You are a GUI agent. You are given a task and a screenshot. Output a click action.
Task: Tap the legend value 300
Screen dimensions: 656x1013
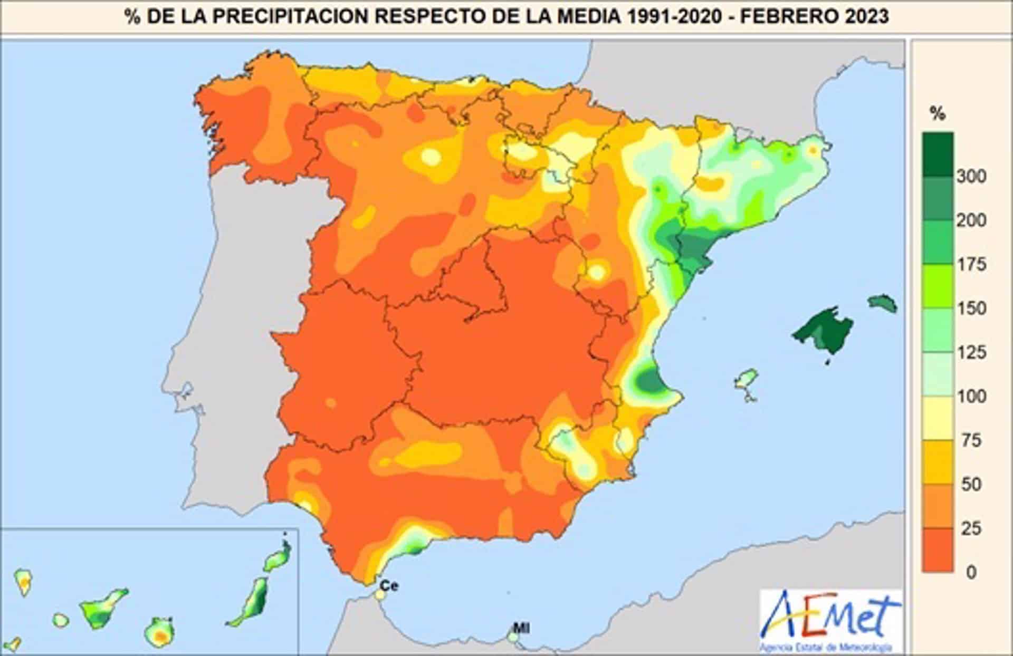(x=971, y=177)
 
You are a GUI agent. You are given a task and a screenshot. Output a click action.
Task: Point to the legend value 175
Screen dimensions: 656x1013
(x=971, y=264)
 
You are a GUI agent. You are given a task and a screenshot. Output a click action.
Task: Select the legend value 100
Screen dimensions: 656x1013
(x=971, y=396)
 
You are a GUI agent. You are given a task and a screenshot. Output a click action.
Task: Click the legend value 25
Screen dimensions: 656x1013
(x=971, y=528)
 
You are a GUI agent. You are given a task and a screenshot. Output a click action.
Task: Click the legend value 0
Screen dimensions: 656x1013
(x=971, y=572)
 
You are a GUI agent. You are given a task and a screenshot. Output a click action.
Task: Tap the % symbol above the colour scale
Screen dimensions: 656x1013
(x=938, y=113)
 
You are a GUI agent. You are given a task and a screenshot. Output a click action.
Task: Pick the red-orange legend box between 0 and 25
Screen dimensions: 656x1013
(x=938, y=550)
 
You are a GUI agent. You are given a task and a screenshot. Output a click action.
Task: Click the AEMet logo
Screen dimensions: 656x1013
(x=830, y=620)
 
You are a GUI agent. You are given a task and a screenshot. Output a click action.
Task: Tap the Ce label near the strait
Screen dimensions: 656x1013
(x=389, y=585)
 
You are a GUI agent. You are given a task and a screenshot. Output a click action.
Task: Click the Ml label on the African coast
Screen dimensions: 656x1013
(x=521, y=628)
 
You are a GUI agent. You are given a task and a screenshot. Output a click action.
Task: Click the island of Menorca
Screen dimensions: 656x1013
(x=883, y=303)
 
